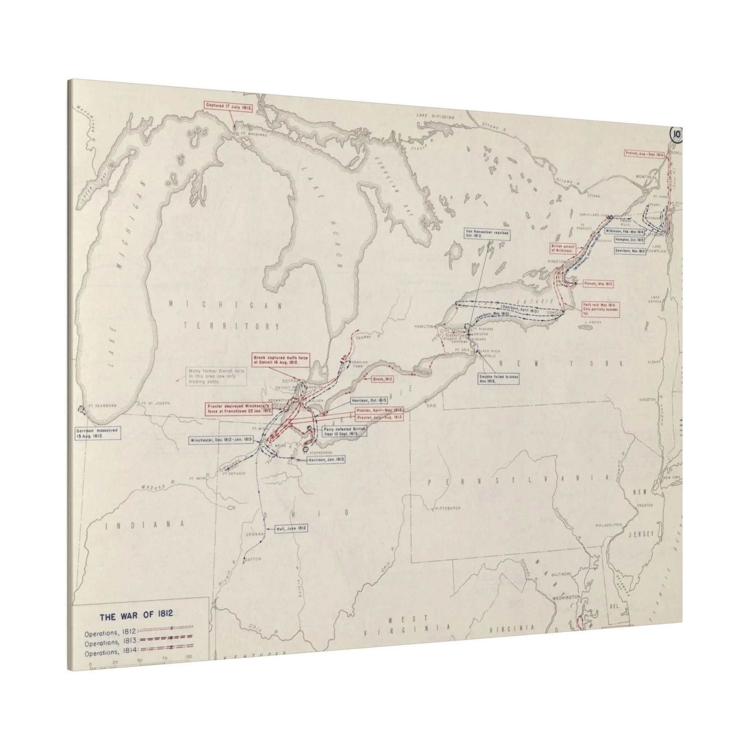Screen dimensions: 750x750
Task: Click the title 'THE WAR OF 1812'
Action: [x=136, y=617]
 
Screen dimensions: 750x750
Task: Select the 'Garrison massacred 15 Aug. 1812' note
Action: [x=99, y=433]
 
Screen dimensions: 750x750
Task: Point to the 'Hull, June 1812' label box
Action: [x=291, y=528]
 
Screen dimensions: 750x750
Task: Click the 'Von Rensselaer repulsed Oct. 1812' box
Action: [x=487, y=234]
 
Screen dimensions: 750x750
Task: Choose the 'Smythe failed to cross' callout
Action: [x=498, y=379]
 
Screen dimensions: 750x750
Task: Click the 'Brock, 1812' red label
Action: [x=382, y=378]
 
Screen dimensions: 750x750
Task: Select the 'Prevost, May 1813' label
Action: [x=598, y=284]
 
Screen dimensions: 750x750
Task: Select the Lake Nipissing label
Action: [x=435, y=115]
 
